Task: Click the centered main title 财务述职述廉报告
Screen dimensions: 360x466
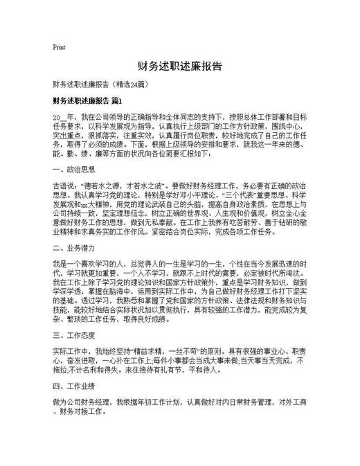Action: point(179,66)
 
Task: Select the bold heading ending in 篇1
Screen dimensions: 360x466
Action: point(87,101)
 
